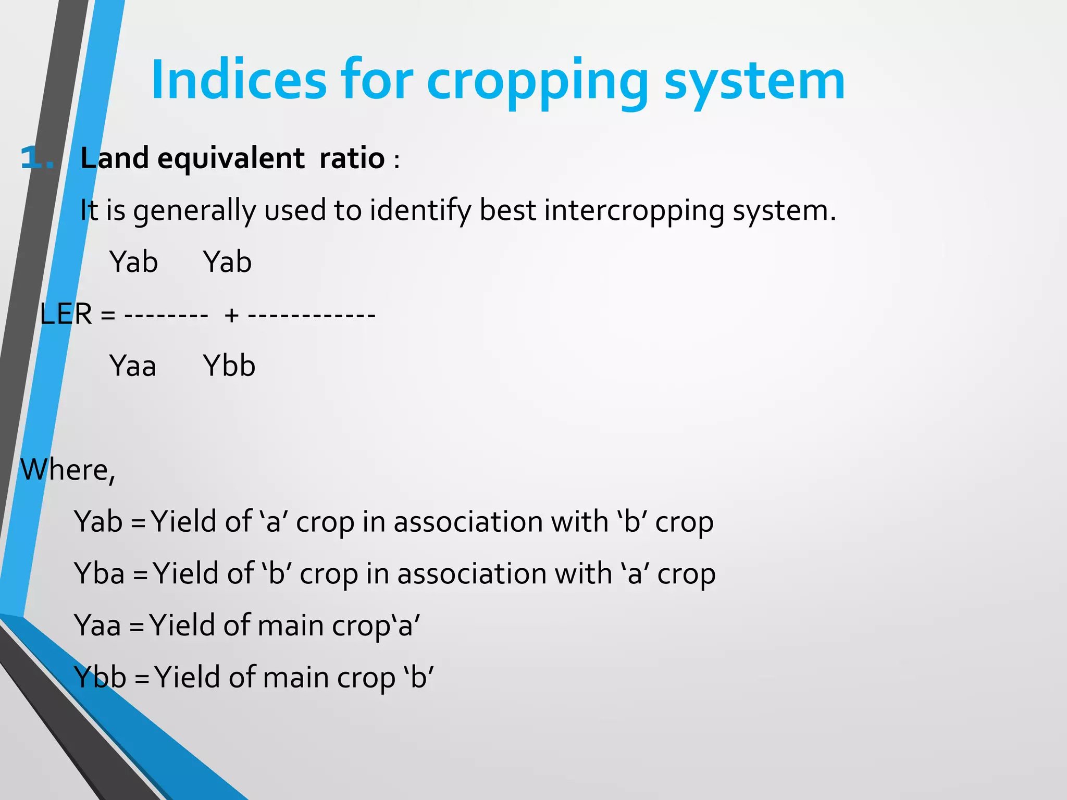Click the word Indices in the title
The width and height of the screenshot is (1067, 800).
coord(239,80)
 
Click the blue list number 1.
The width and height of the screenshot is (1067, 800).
coord(36,158)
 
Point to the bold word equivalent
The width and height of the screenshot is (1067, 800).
coord(231,158)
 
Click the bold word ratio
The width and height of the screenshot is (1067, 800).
coord(352,158)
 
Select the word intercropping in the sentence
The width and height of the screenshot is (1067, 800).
coord(634,211)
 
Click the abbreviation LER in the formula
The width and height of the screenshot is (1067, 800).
coord(66,314)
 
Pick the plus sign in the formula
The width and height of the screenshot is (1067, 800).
coord(231,315)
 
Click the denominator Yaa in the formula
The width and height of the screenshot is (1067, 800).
coord(133,366)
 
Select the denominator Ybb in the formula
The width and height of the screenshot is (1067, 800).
coord(229,366)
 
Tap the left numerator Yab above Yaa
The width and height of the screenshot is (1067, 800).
coord(133,262)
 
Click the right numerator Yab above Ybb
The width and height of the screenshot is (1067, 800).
coord(227,262)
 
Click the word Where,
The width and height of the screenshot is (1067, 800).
coord(68,470)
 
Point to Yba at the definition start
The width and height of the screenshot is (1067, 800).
coord(100,573)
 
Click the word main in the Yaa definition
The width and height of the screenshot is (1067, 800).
coord(290,625)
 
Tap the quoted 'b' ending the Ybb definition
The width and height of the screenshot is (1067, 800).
coord(418,677)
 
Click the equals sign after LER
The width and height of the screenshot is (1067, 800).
coord(108,315)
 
